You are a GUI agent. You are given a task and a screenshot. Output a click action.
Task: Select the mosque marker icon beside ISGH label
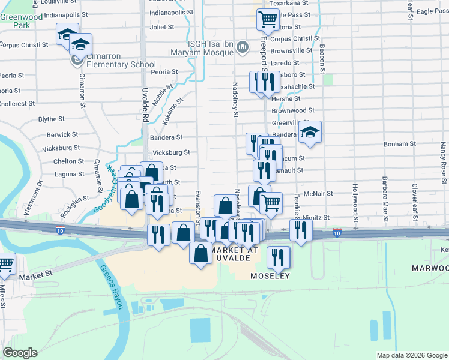click(x=243, y=47)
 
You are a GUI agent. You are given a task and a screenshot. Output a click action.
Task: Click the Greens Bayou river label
click(x=112, y=287)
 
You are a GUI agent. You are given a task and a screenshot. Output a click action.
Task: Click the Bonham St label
click(x=400, y=145)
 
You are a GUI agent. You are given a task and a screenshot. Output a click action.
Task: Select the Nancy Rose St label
click(x=442, y=160)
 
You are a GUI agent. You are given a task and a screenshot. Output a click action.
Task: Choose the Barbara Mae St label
click(x=382, y=194)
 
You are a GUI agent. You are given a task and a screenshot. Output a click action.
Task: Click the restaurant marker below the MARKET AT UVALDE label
click(x=277, y=257)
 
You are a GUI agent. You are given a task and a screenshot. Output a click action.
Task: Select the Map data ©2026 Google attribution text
click(x=411, y=355)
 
